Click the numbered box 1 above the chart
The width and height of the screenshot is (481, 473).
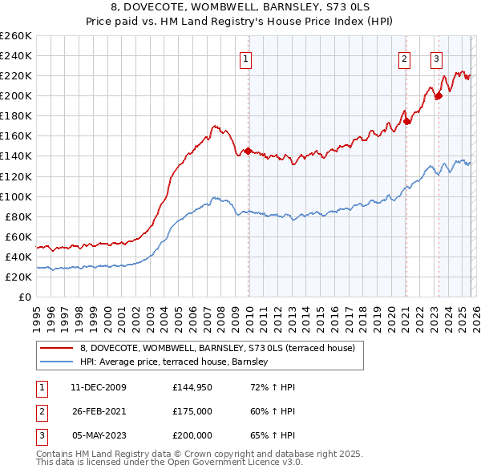tap(245, 59)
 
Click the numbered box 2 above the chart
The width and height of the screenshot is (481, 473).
tap(404, 59)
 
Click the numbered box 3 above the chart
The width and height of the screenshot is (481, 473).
tap(436, 59)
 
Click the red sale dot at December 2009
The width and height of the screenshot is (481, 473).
tap(248, 151)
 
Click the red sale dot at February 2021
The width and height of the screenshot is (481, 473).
tap(407, 121)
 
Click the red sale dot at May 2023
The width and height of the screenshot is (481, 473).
tap(439, 96)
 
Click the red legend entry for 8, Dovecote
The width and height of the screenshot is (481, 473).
tap(223, 348)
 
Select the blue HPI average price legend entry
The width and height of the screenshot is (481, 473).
tap(179, 362)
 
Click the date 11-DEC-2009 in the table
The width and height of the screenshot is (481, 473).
tap(99, 387)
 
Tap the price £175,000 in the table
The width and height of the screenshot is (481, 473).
tap(192, 411)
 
